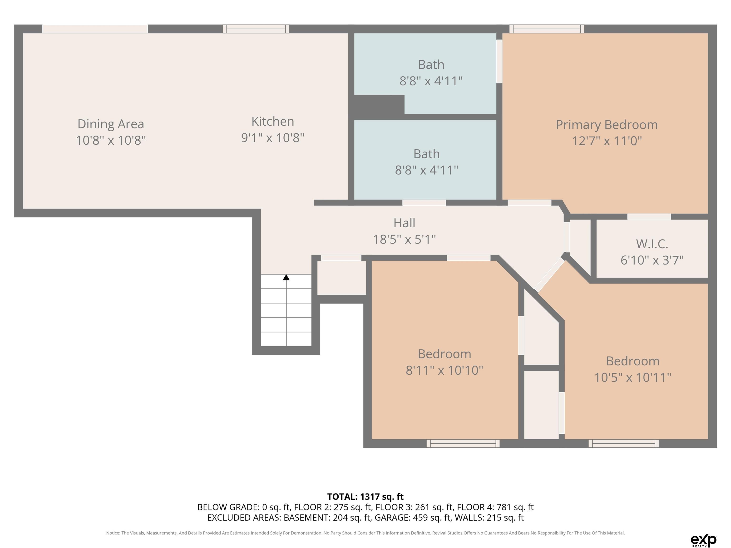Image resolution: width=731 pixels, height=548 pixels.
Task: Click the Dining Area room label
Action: (x=111, y=124)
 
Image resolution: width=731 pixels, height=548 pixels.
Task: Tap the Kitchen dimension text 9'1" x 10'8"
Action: (x=273, y=137)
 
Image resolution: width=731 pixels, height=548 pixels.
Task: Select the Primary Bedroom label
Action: (x=607, y=125)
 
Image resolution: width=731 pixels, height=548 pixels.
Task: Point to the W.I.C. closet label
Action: (x=652, y=244)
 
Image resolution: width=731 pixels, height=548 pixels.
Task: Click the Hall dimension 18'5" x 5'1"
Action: (x=405, y=239)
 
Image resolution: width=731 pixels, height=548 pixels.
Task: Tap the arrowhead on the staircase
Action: (x=286, y=278)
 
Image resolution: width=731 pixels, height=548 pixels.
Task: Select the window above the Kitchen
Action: (x=256, y=29)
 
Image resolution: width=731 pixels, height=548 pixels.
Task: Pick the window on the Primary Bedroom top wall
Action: (x=547, y=29)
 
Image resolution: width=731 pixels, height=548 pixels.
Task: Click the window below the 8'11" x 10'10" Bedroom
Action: (x=463, y=443)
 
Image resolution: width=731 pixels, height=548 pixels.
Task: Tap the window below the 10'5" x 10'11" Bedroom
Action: (x=624, y=443)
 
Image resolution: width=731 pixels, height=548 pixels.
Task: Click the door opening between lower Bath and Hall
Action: (x=424, y=202)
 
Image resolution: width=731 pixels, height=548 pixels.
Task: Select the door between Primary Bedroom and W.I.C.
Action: (x=649, y=217)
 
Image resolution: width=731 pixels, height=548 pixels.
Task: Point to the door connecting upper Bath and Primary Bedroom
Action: (x=499, y=61)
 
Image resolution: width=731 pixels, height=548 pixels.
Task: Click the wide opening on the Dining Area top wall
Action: (x=95, y=29)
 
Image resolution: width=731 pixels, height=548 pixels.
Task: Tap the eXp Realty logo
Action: (x=703, y=540)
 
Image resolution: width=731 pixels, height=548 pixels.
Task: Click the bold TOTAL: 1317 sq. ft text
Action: (x=365, y=497)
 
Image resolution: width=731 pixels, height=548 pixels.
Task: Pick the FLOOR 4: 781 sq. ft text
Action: (x=495, y=507)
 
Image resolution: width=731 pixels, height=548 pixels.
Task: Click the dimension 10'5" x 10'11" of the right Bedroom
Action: (x=632, y=377)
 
